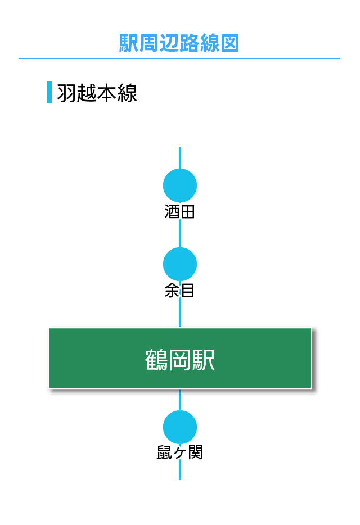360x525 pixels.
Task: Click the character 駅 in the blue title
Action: click(129, 43)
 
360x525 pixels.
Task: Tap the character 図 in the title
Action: click(229, 43)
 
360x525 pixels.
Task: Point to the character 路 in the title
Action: click(190, 43)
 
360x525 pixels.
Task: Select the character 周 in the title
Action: click(149, 43)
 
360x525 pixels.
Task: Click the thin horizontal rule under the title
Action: click(179, 58)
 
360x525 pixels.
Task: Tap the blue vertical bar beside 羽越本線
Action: click(49, 92)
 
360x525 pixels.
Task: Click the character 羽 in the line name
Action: click(67, 93)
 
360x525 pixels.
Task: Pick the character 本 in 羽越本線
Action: click(107, 93)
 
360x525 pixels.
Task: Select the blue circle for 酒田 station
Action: click(180, 185)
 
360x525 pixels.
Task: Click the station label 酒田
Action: click(179, 211)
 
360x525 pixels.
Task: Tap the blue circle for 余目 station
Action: click(180, 264)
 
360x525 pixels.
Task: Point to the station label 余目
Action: click(179, 290)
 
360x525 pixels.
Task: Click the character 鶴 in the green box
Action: click(156, 360)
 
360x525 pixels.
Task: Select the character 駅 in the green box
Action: click(204, 360)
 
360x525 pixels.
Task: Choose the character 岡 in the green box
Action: click(180, 360)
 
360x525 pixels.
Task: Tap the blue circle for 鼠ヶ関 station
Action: click(180, 427)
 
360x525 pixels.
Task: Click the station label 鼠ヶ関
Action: click(180, 452)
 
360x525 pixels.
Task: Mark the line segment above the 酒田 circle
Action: click(180, 158)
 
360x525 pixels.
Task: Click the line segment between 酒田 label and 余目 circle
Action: click(180, 233)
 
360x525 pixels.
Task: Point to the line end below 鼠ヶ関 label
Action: click(180, 479)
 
